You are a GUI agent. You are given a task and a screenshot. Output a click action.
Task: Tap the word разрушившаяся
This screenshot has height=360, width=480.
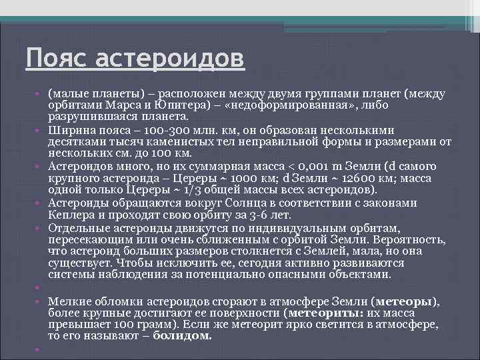[x=87, y=117]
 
